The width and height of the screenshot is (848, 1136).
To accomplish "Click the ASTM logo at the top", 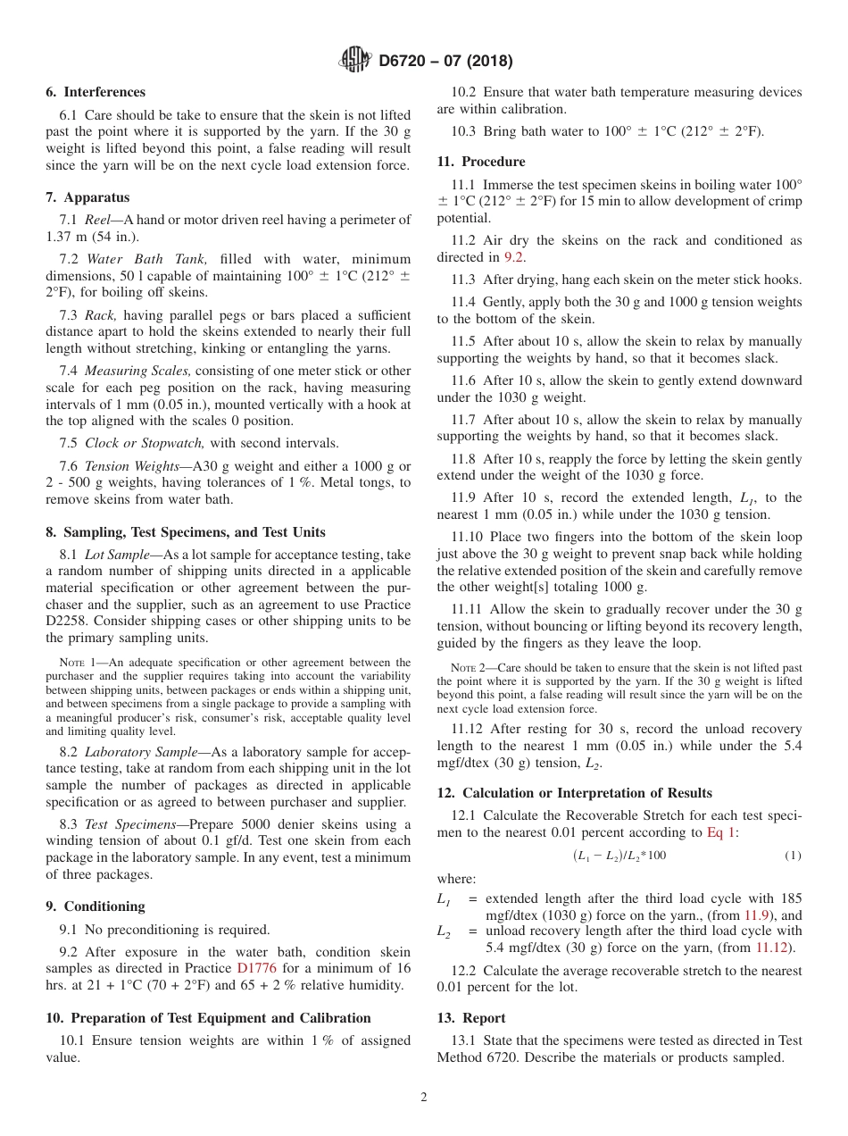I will [x=356, y=61].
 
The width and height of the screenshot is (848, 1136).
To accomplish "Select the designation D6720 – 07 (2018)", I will [x=445, y=62].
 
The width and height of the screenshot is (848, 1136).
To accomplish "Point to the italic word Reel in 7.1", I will [x=98, y=220].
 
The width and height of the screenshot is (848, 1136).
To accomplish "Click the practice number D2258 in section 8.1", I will [x=68, y=621].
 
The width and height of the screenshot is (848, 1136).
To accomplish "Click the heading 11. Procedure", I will [x=481, y=162].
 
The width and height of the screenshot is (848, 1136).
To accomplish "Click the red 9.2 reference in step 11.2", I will [x=514, y=257].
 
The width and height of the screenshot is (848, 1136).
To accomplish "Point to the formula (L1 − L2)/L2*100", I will [x=619, y=856].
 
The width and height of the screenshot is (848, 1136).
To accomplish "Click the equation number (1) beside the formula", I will [x=793, y=856].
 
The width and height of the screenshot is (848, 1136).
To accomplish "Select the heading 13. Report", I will [x=471, y=1018].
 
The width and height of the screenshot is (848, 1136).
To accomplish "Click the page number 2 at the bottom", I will [x=424, y=1098].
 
